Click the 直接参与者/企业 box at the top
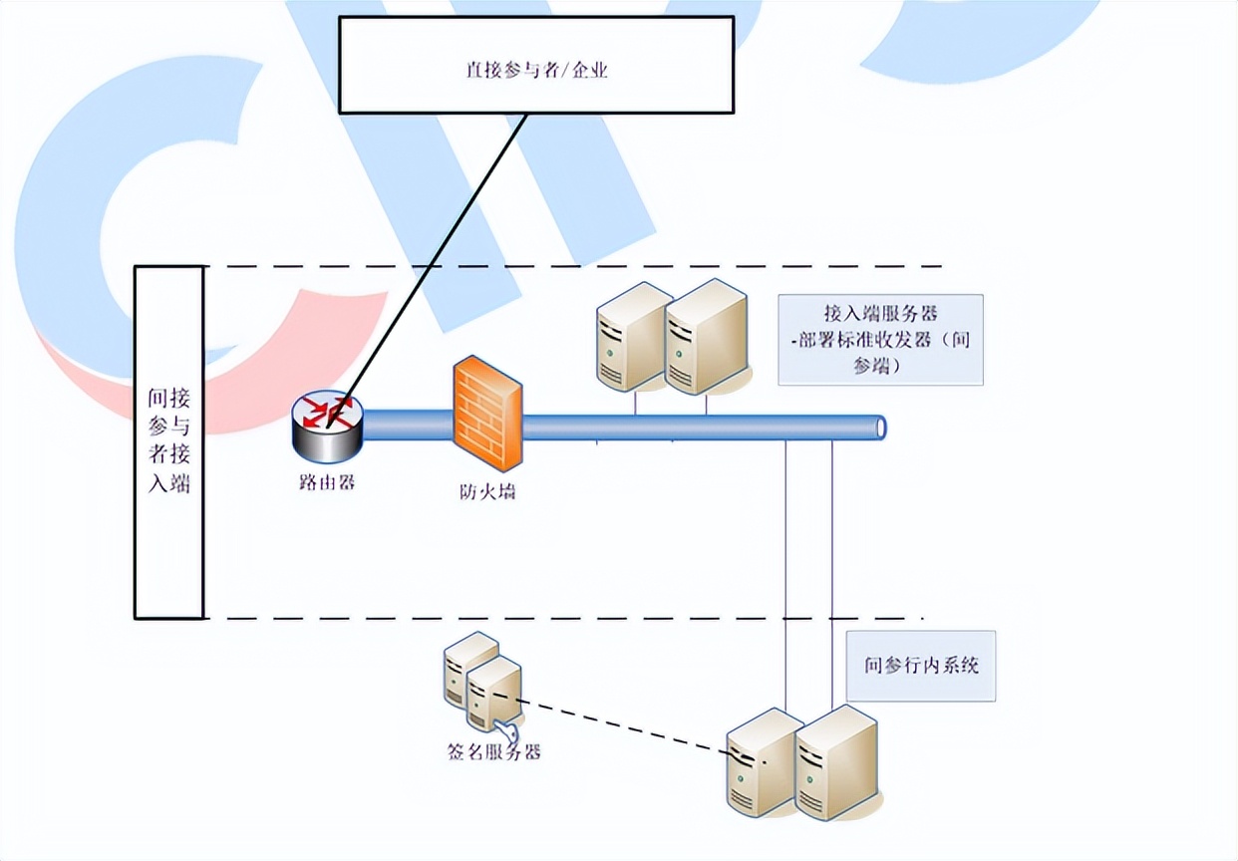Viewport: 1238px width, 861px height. pyautogui.click(x=536, y=65)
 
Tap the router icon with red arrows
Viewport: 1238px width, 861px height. pyautogui.click(x=328, y=427)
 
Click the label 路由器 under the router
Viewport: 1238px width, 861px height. pyautogui.click(x=327, y=484)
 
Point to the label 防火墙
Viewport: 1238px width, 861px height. pyautogui.click(x=487, y=491)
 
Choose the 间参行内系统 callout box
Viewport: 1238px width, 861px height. pyautogui.click(x=921, y=665)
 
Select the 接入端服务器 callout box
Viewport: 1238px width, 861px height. pyautogui.click(x=880, y=340)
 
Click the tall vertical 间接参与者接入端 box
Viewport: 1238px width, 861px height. pyautogui.click(x=169, y=441)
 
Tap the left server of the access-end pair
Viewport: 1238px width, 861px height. pyautogui.click(x=630, y=337)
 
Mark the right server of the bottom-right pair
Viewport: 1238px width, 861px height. pyautogui.click(x=837, y=762)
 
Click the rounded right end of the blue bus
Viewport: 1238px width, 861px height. pyautogui.click(x=879, y=428)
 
